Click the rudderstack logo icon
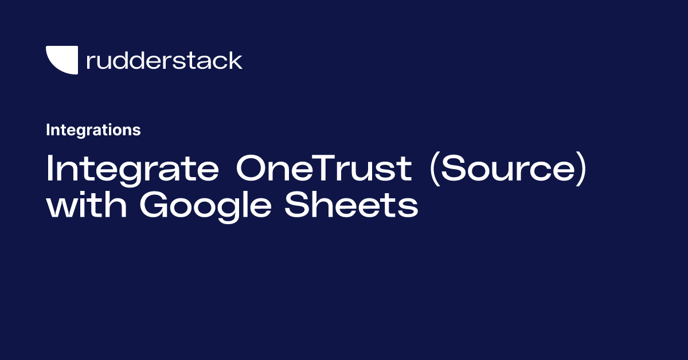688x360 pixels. (x=61, y=60)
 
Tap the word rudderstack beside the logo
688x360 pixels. (x=164, y=60)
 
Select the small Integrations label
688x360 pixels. (x=93, y=130)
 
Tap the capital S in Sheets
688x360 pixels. (x=299, y=206)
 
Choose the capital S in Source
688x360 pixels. (x=454, y=169)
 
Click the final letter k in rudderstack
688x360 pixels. (x=236, y=60)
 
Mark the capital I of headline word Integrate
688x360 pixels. (x=50, y=169)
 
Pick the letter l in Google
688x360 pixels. (x=251, y=205)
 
